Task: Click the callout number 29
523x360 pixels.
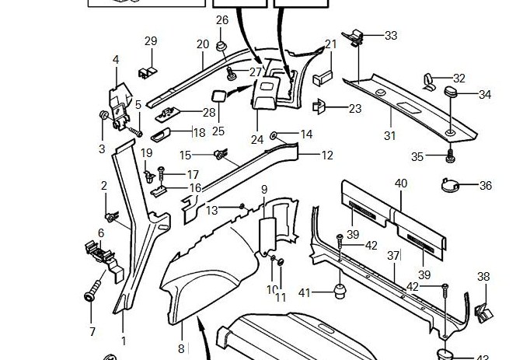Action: point(151,41)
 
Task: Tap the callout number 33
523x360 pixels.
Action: point(390,36)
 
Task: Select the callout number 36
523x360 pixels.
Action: point(486,186)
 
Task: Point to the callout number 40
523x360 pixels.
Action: point(401,183)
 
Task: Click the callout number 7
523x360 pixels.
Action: point(92,332)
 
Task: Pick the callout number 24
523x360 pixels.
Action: point(257,140)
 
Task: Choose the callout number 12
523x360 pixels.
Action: point(327,156)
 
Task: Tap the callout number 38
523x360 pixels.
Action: point(483,277)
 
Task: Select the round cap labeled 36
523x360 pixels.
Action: point(449,185)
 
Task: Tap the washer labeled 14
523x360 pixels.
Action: point(274,136)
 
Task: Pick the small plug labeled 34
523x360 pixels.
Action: point(452,93)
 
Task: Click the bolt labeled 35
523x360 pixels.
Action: point(450,158)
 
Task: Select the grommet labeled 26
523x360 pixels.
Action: point(221,47)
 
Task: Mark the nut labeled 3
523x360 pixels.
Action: point(103,117)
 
